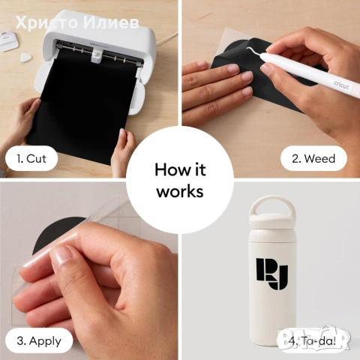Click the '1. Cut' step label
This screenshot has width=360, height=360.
tap(31, 159)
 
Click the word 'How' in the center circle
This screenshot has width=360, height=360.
tap(169, 169)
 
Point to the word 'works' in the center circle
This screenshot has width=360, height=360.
tap(180, 191)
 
